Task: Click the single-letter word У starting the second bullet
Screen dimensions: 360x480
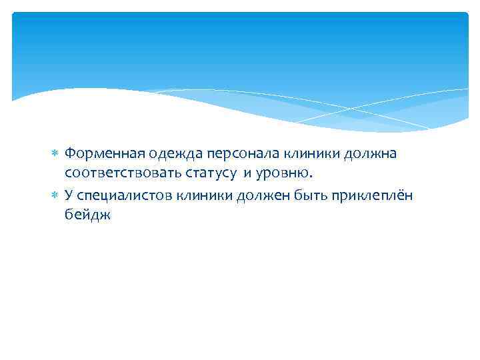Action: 69,195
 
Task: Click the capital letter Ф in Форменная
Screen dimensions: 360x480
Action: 70,155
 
